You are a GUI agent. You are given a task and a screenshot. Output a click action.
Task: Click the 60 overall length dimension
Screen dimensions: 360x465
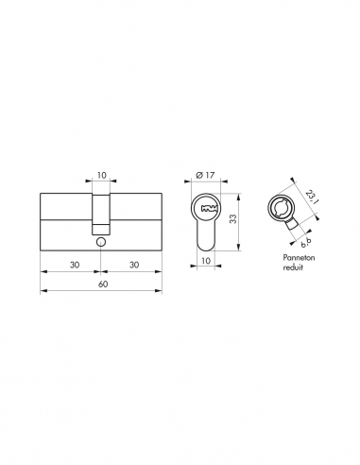(x=103, y=284)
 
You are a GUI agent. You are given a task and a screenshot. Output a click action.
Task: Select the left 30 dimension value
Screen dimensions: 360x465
(x=75, y=265)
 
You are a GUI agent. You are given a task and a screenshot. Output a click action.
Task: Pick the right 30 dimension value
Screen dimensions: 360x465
(x=134, y=265)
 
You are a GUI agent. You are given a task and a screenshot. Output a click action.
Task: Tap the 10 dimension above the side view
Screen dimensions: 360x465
(x=101, y=175)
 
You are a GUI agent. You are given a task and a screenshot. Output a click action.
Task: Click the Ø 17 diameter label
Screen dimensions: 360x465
(x=205, y=175)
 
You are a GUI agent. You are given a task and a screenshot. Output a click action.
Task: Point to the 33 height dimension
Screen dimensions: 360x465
(x=232, y=218)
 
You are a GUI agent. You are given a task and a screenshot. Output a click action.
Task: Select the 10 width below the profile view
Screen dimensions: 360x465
(x=205, y=261)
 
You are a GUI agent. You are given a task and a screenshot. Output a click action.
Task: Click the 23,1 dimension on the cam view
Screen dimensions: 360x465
(x=311, y=198)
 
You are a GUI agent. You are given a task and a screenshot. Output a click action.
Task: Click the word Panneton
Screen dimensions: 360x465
(x=299, y=258)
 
